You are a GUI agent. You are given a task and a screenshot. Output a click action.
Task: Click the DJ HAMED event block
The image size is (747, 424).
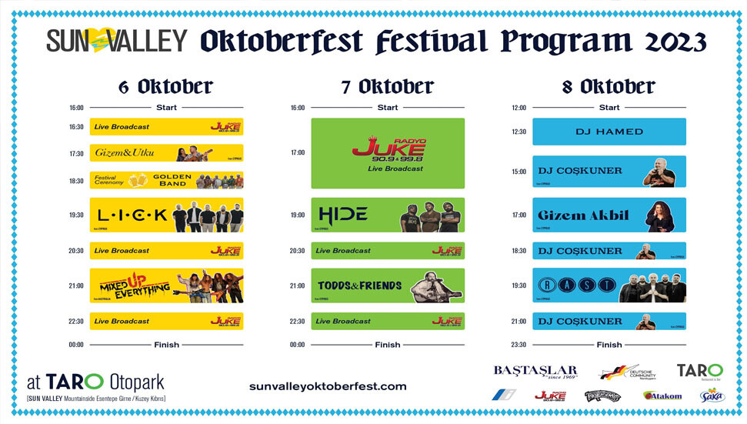[x=609, y=132]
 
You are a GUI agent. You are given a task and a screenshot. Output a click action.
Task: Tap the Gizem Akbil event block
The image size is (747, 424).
[x=609, y=215]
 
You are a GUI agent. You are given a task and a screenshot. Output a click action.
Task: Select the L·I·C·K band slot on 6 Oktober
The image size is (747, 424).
[x=166, y=215]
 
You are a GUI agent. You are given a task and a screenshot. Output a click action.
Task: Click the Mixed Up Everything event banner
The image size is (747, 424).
[x=166, y=285]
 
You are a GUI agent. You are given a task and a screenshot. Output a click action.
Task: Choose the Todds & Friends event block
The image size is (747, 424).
[x=388, y=285]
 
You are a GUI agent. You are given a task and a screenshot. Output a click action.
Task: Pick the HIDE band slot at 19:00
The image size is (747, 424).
[x=388, y=215]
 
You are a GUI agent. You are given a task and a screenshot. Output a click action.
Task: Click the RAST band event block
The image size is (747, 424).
[x=609, y=285]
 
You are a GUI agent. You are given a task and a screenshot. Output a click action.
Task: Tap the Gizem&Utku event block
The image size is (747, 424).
[x=166, y=153]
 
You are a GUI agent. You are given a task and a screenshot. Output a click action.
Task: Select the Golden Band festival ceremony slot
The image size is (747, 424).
[x=166, y=180]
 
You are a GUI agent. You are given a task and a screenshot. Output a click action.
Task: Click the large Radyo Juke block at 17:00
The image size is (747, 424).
[x=388, y=153]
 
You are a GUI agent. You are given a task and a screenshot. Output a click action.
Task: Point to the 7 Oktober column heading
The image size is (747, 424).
[x=388, y=87]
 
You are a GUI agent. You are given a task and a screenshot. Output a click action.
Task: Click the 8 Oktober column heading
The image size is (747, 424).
[x=609, y=87]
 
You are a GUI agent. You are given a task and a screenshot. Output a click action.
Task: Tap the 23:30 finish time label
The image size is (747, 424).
[x=519, y=345]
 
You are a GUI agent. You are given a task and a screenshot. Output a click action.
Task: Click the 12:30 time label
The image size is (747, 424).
[x=519, y=132]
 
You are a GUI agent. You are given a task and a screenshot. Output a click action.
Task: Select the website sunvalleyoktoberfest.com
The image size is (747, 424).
[x=328, y=386]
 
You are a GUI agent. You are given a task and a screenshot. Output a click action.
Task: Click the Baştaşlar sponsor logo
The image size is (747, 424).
[x=535, y=372]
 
